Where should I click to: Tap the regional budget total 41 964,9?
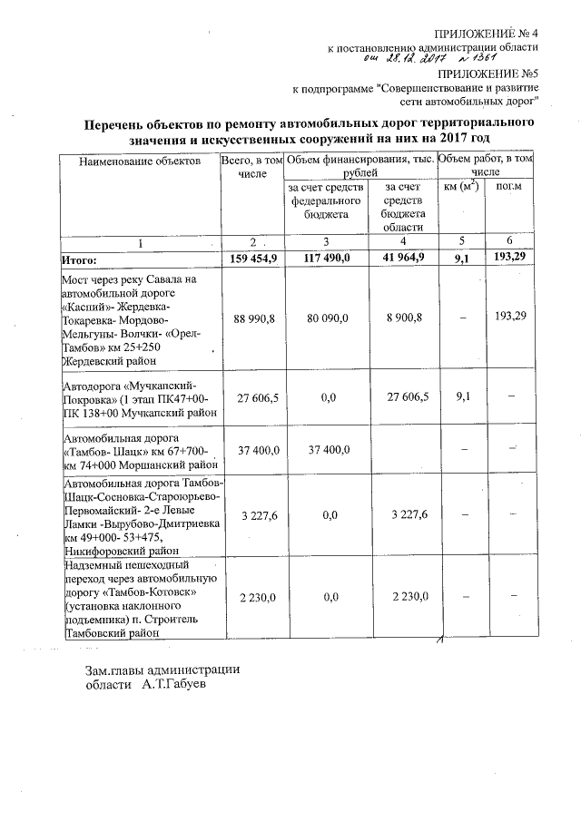tap(399, 259)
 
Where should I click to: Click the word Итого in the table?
tap(78, 259)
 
